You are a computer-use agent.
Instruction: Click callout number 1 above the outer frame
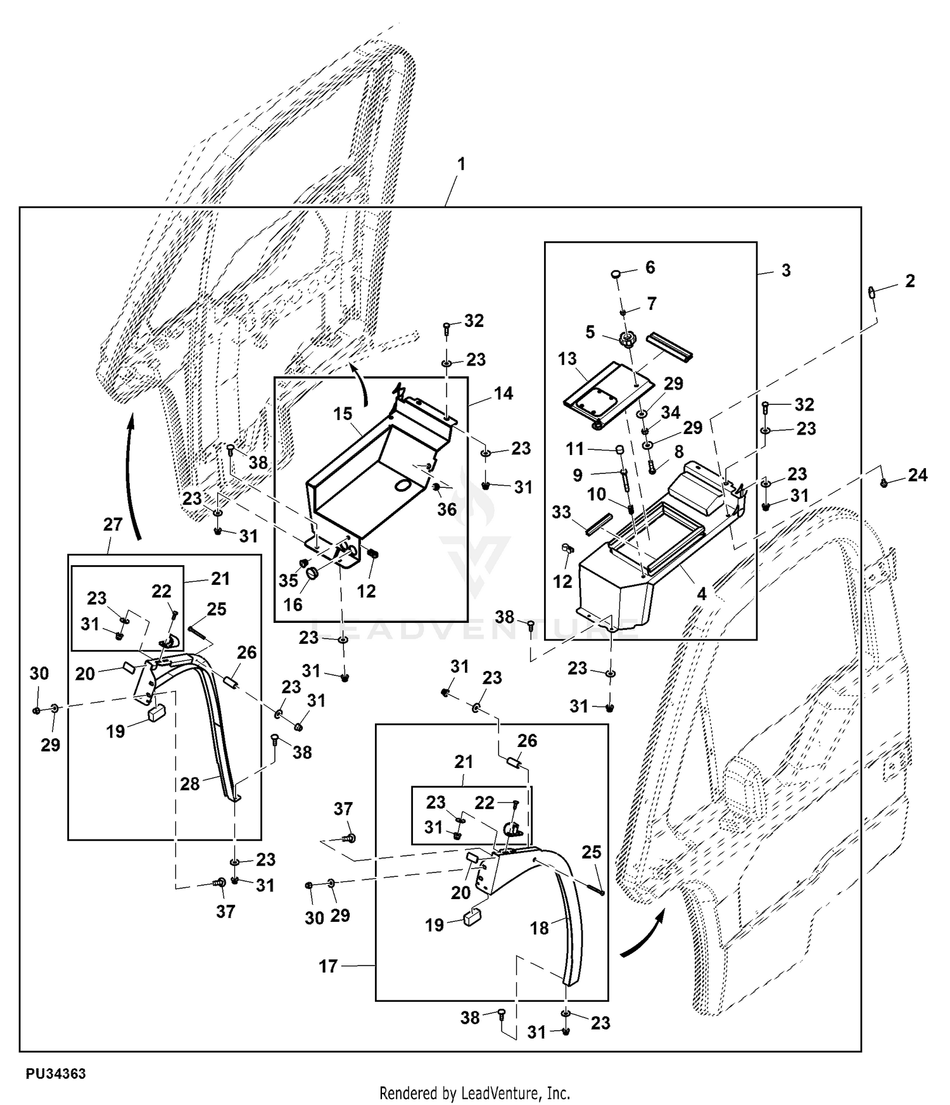pyautogui.click(x=462, y=164)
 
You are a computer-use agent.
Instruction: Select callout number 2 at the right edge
pyautogui.click(x=909, y=281)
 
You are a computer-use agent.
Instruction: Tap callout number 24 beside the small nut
pyautogui.click(x=917, y=475)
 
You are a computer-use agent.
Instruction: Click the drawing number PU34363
pyautogui.click(x=56, y=1073)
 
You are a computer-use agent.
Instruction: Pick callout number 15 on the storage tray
pyautogui.click(x=343, y=414)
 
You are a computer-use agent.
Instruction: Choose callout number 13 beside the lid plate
pyautogui.click(x=567, y=359)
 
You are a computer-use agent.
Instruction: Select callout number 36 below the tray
pyautogui.click(x=446, y=509)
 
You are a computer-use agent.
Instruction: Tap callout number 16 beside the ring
pyautogui.click(x=293, y=604)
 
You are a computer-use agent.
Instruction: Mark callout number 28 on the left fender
pyautogui.click(x=190, y=784)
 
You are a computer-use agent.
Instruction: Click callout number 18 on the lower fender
pyautogui.click(x=539, y=928)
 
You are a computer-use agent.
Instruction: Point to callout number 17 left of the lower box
pyautogui.click(x=328, y=966)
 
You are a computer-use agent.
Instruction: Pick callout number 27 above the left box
pyautogui.click(x=113, y=525)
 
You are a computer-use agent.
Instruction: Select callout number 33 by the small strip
pyautogui.click(x=562, y=512)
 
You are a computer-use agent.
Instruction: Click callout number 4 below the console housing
pyautogui.click(x=702, y=594)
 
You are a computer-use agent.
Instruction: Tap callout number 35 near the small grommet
pyautogui.click(x=288, y=581)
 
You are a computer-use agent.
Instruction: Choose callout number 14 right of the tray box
pyautogui.click(x=503, y=393)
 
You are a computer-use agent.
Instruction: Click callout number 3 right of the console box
pyautogui.click(x=785, y=271)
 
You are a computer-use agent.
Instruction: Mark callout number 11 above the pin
pyautogui.click(x=574, y=449)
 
